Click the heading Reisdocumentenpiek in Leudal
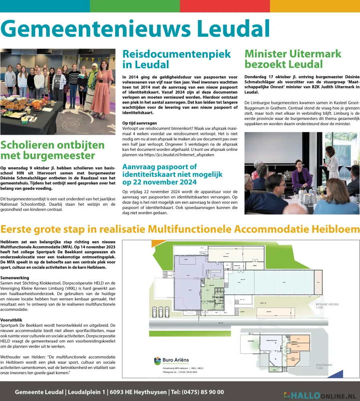pos(176,59)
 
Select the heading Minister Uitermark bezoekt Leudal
pos(293,59)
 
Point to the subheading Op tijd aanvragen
pos(140,123)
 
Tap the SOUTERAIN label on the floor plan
pos(324,366)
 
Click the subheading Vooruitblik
pos(12,320)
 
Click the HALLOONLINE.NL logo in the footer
pos(321,395)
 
